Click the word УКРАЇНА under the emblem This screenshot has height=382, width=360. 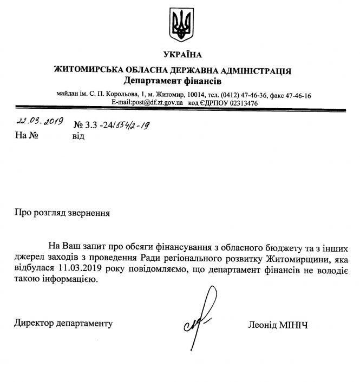pos(181,55)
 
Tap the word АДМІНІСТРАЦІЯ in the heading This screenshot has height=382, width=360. pos(257,71)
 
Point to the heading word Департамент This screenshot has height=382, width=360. pos(151,81)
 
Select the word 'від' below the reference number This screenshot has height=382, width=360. pos(78,136)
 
